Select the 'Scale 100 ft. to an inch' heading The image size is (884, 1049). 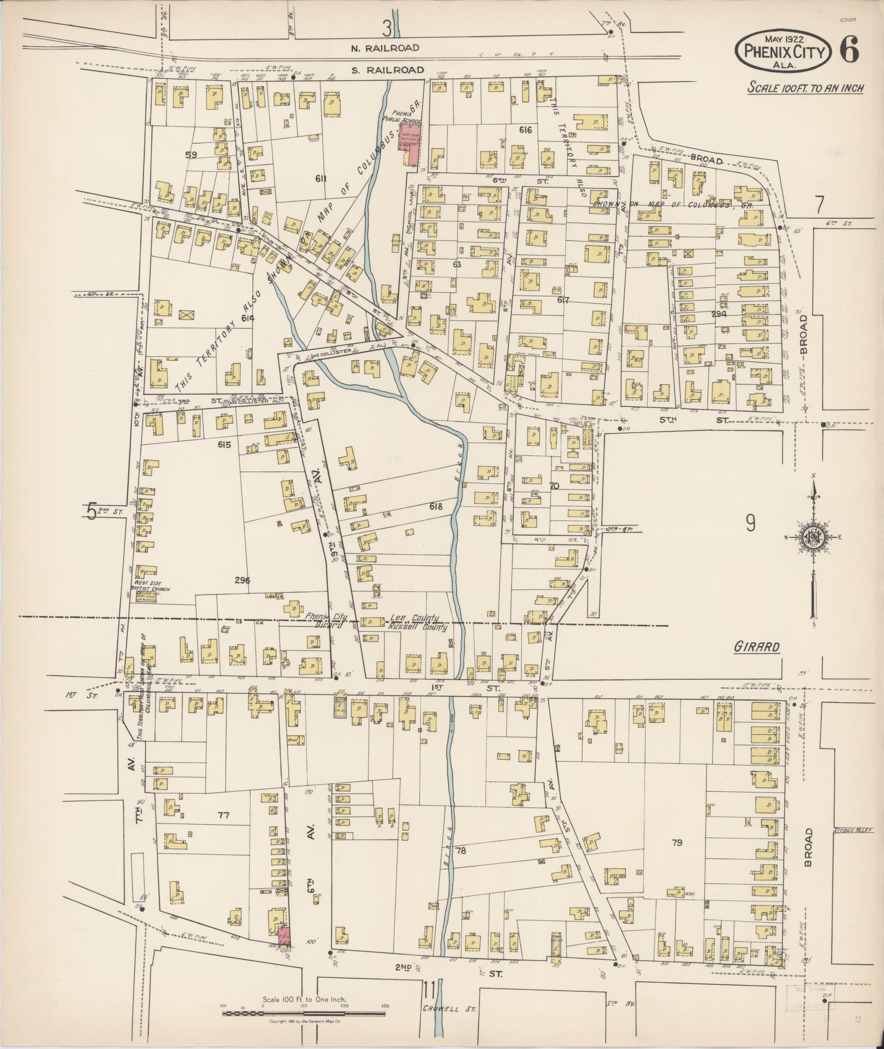(806, 88)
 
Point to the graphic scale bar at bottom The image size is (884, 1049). (304, 1013)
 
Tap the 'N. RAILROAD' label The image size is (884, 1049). (385, 48)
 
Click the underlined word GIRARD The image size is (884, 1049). (757, 647)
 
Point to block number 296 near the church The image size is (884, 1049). (242, 580)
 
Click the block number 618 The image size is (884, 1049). (436, 506)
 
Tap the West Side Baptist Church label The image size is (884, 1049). (149, 586)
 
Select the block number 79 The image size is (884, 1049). (677, 843)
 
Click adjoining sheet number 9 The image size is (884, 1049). (750, 524)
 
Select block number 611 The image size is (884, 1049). (321, 178)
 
